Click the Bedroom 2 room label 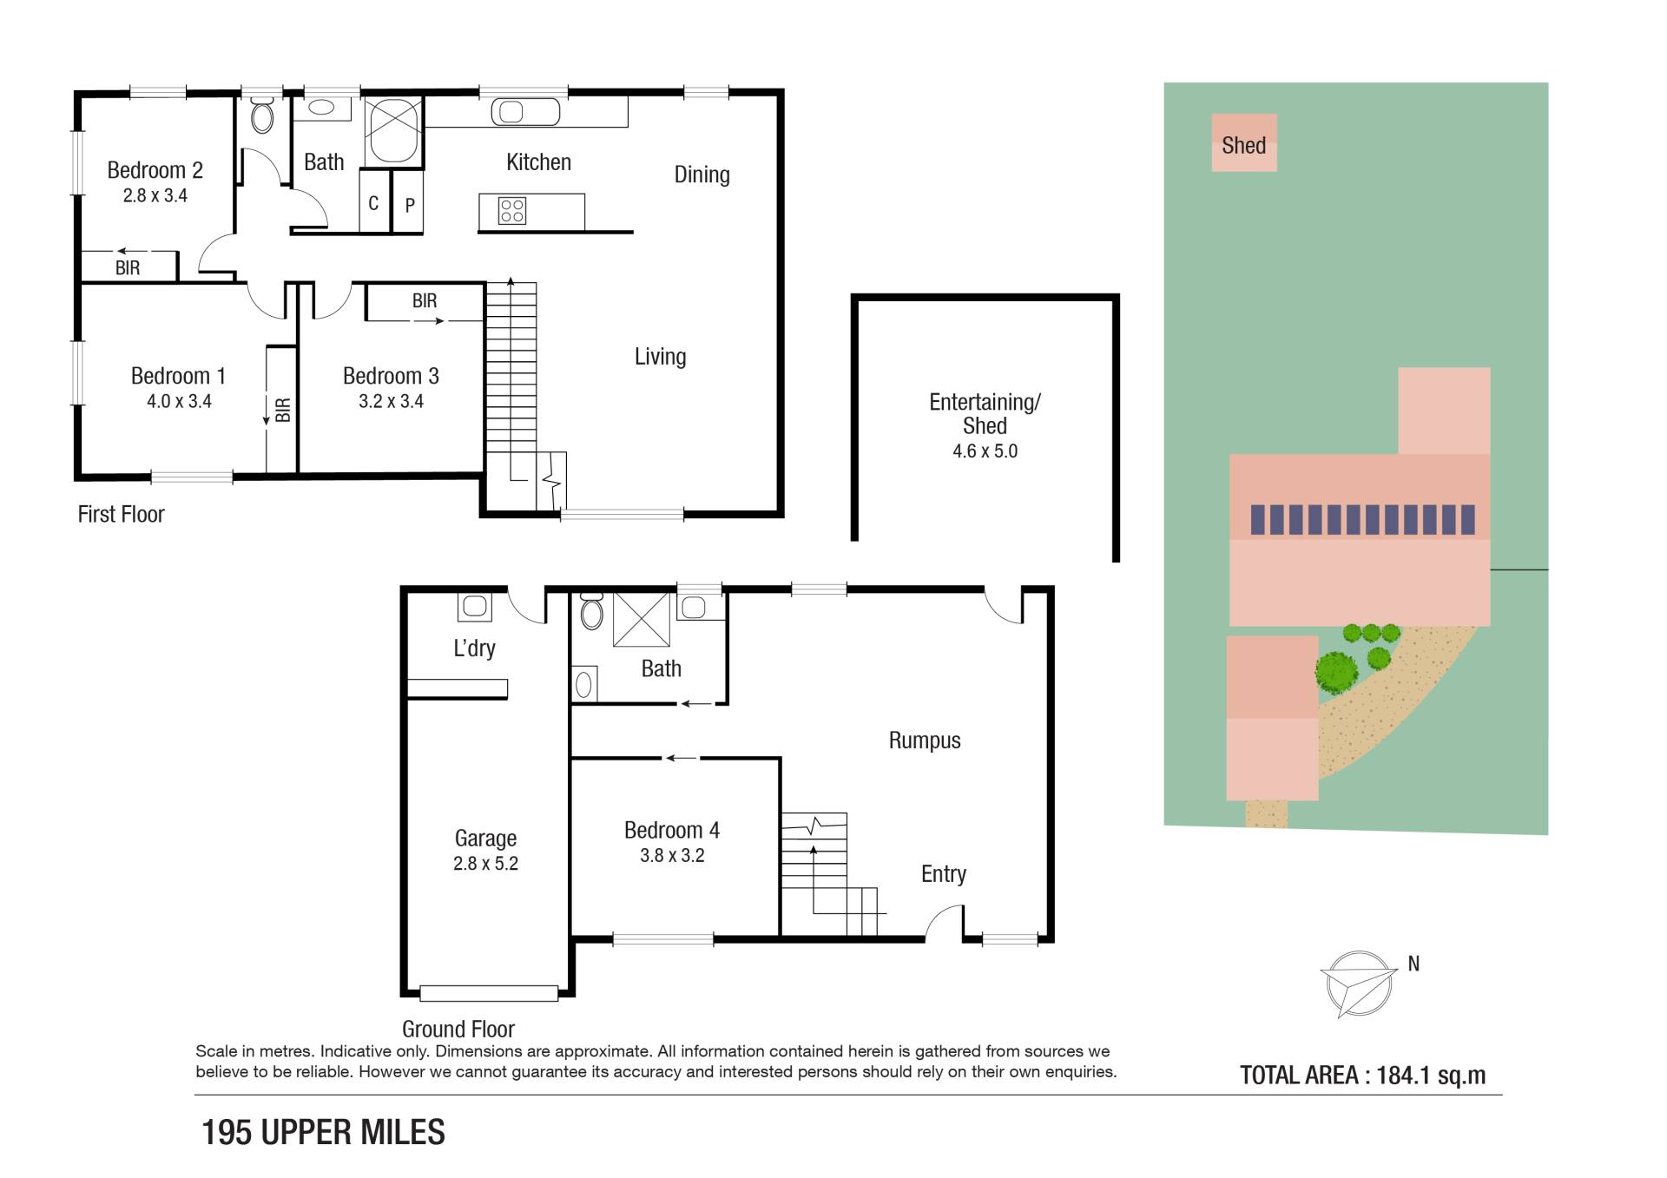155,170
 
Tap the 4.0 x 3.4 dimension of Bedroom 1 179,401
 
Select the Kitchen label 538,162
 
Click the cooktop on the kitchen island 511,211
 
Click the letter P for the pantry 410,206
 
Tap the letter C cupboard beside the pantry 373,203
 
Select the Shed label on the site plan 1243,145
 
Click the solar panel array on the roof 1362,519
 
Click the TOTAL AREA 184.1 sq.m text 1362,1076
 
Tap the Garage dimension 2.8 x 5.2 485,864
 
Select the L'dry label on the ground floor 474,648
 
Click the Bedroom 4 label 672,830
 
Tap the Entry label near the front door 944,874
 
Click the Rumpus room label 925,740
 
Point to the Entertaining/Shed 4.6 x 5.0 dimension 985,451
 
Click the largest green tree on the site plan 1336,671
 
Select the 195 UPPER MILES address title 323,1132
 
